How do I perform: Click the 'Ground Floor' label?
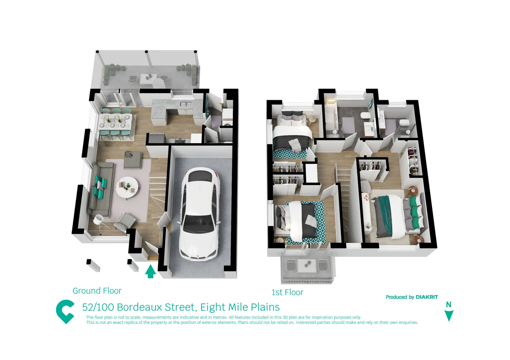coord(97,291)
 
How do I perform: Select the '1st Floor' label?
coord(287,292)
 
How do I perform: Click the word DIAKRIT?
coord(427,297)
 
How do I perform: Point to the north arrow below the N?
coord(449,315)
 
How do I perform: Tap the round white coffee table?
coord(127,187)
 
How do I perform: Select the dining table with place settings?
coord(116,122)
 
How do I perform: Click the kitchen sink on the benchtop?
coord(186,104)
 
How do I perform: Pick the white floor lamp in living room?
coord(98,220)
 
